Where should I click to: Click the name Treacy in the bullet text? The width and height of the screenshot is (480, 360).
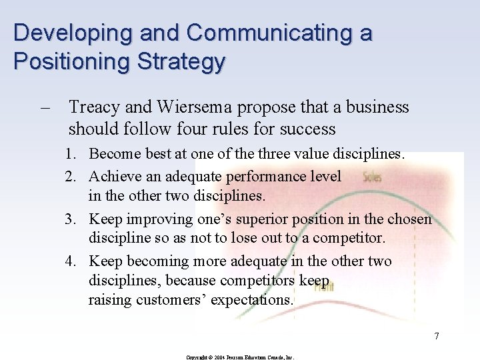click(x=93, y=107)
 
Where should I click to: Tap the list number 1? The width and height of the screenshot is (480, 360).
click(x=69, y=154)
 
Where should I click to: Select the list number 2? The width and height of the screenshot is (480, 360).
click(x=69, y=176)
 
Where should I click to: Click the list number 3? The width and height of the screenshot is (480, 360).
click(x=69, y=219)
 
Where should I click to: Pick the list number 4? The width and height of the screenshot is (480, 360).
click(x=69, y=261)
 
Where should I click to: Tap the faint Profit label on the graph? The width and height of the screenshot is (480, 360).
click(x=324, y=285)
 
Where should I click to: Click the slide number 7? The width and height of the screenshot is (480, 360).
click(x=437, y=335)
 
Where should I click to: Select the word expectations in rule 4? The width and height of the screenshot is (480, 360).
click(x=252, y=300)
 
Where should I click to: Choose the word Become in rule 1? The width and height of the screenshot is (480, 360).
click(x=113, y=154)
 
